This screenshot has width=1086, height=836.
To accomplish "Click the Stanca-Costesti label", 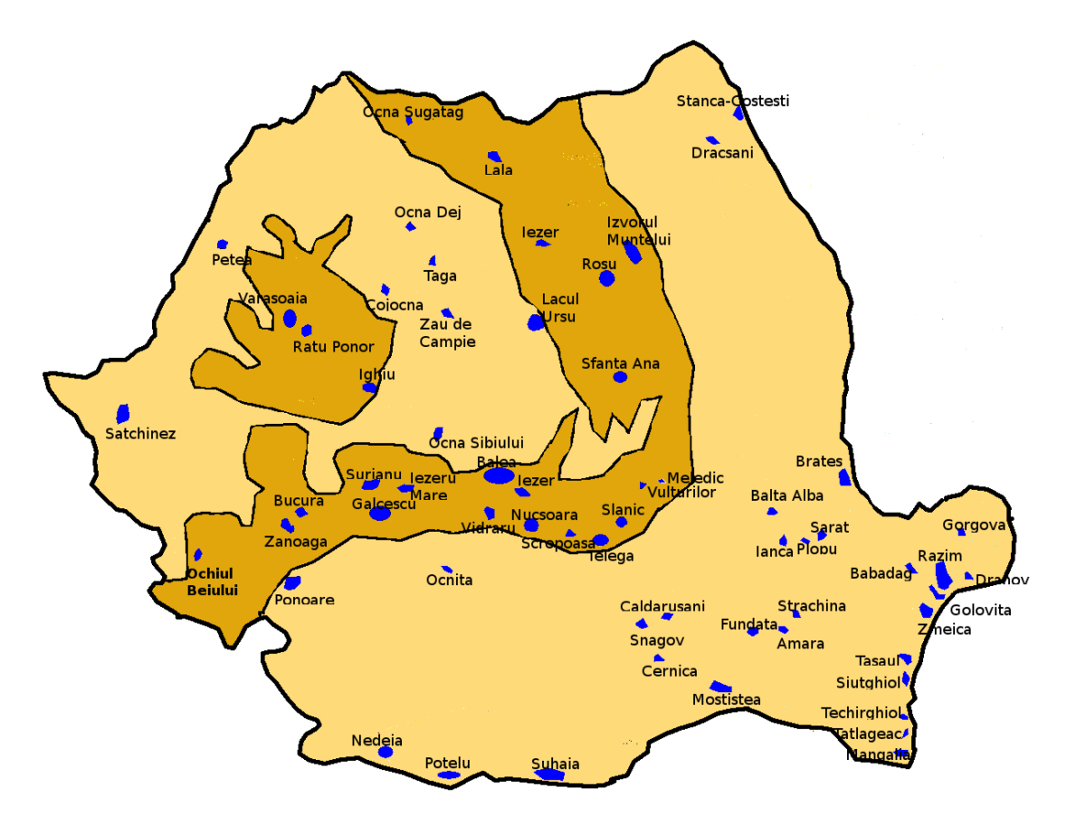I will (x=732, y=101).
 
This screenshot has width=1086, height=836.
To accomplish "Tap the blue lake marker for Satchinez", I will (x=122, y=414).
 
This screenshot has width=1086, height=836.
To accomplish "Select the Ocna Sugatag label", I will (x=413, y=112).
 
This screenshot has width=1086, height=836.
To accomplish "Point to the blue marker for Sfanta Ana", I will (x=620, y=377).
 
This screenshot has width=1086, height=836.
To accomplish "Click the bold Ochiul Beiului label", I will (x=212, y=581).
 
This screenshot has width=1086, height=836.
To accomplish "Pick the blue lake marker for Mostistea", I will (x=721, y=687).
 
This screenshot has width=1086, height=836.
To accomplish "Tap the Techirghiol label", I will (x=862, y=713).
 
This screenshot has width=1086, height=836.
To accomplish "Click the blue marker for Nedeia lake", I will (x=386, y=752).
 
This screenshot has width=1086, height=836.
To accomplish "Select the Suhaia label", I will (x=555, y=763).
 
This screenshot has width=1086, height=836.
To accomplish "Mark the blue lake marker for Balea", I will (x=499, y=476).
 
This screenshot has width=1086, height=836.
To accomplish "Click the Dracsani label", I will (x=722, y=153).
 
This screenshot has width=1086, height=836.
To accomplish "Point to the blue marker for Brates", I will (x=844, y=477).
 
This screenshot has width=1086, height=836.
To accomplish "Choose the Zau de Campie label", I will (x=447, y=333).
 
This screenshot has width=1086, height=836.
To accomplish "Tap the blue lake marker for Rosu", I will (x=606, y=278).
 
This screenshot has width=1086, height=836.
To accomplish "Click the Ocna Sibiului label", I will (x=476, y=443).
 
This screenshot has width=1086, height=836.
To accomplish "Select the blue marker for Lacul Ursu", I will (x=536, y=322).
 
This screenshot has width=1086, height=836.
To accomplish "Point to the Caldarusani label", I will (x=662, y=606).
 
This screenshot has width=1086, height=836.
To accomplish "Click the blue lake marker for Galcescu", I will (x=380, y=514).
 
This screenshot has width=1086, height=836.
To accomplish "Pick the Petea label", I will (x=232, y=260).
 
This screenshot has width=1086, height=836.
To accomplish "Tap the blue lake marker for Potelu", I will (x=449, y=775).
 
